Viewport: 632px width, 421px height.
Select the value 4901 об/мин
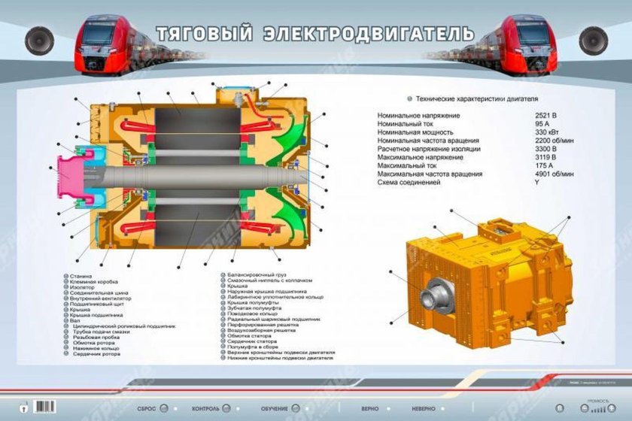[555, 174]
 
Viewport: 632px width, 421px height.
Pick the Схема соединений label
[411, 183]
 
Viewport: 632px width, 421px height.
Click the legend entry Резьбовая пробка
[91, 338]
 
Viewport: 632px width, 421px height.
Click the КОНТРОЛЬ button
[206, 408]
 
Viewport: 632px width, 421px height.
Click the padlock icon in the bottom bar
[24, 407]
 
